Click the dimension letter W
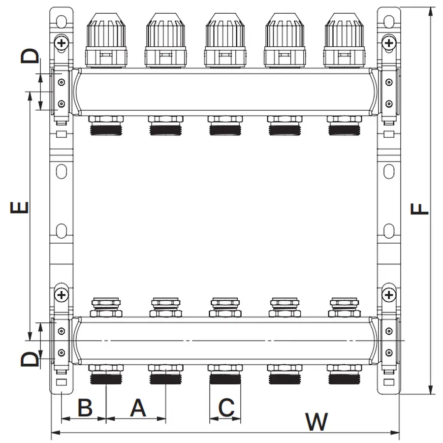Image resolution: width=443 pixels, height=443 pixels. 316,422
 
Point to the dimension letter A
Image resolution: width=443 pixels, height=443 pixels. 138,408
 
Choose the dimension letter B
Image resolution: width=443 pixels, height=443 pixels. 85,408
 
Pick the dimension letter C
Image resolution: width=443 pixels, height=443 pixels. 226,408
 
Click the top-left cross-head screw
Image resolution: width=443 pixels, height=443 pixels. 61,43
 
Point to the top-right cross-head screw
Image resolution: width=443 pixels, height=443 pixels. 389,43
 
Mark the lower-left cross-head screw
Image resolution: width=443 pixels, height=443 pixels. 61,295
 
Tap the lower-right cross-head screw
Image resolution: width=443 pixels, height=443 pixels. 389,295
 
